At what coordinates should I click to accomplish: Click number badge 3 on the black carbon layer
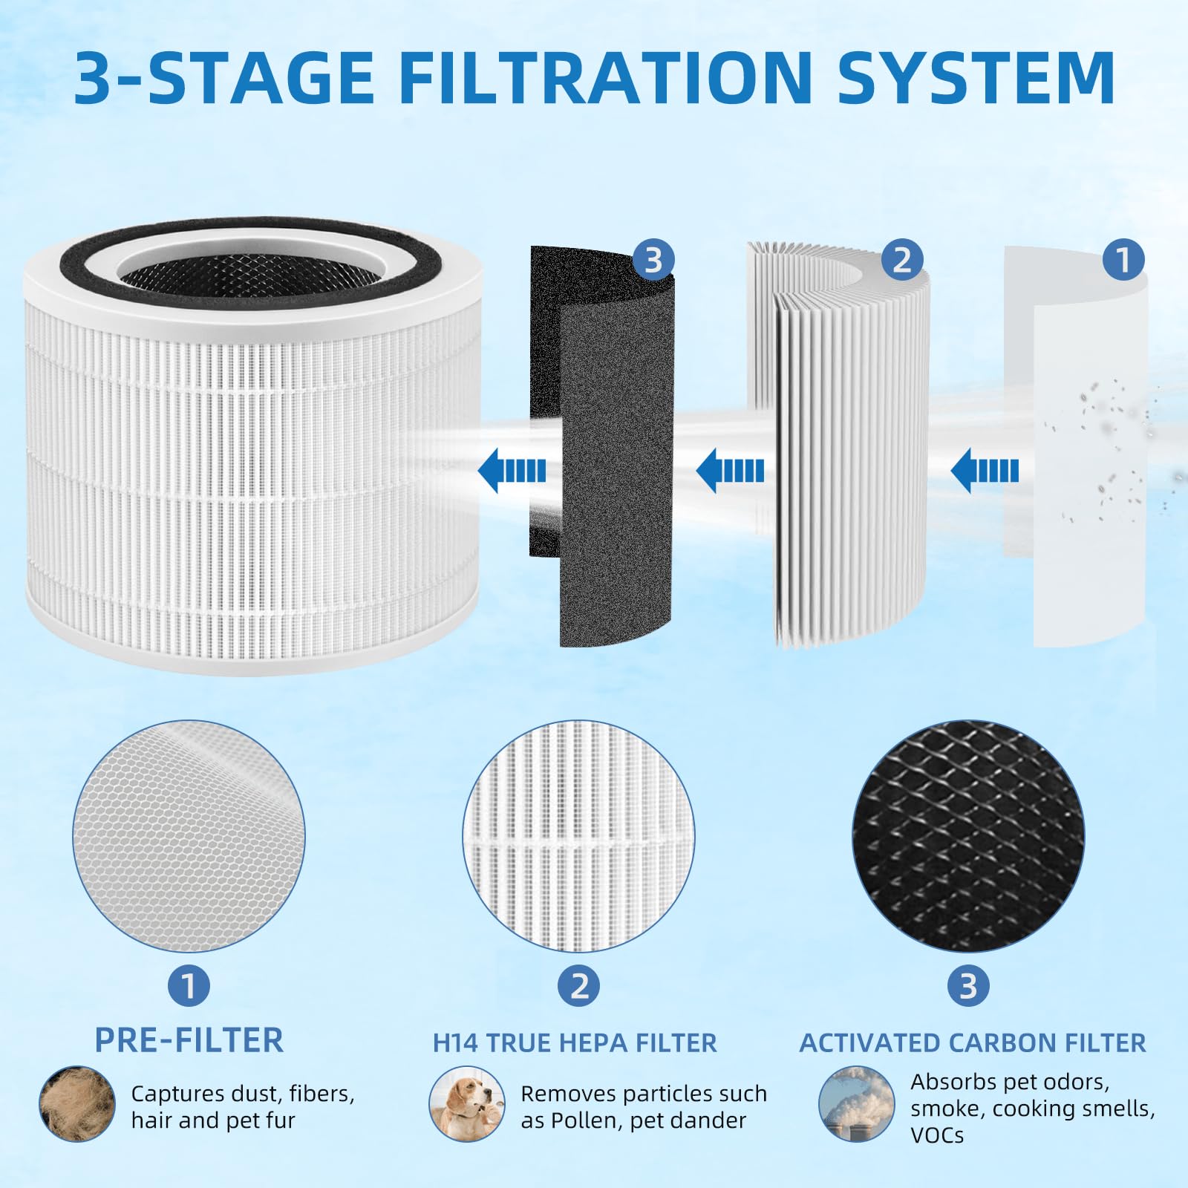pyautogui.click(x=653, y=261)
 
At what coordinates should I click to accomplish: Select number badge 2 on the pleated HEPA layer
pyautogui.click(x=901, y=261)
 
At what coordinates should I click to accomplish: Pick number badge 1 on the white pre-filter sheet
pyautogui.click(x=1123, y=260)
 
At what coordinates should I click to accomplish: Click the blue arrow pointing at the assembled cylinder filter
pyautogui.click(x=512, y=471)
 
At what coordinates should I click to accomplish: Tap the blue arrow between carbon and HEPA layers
pyautogui.click(x=730, y=471)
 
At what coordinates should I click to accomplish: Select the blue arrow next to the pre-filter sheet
pyautogui.click(x=985, y=471)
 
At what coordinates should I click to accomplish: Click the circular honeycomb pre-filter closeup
pyautogui.click(x=189, y=836)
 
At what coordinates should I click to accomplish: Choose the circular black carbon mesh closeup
pyautogui.click(x=968, y=836)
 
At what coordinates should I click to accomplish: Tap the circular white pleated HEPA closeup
pyautogui.click(x=578, y=836)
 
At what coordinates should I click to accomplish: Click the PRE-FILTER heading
pyautogui.click(x=189, y=1040)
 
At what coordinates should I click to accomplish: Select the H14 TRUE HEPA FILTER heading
pyautogui.click(x=575, y=1043)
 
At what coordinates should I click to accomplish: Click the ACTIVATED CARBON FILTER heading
pyautogui.click(x=972, y=1043)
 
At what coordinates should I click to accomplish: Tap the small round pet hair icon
pyautogui.click(x=77, y=1104)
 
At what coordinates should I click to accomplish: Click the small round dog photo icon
pyautogui.click(x=467, y=1104)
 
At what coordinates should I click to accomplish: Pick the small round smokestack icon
pyautogui.click(x=856, y=1104)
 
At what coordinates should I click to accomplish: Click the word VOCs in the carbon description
pyautogui.click(x=937, y=1135)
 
